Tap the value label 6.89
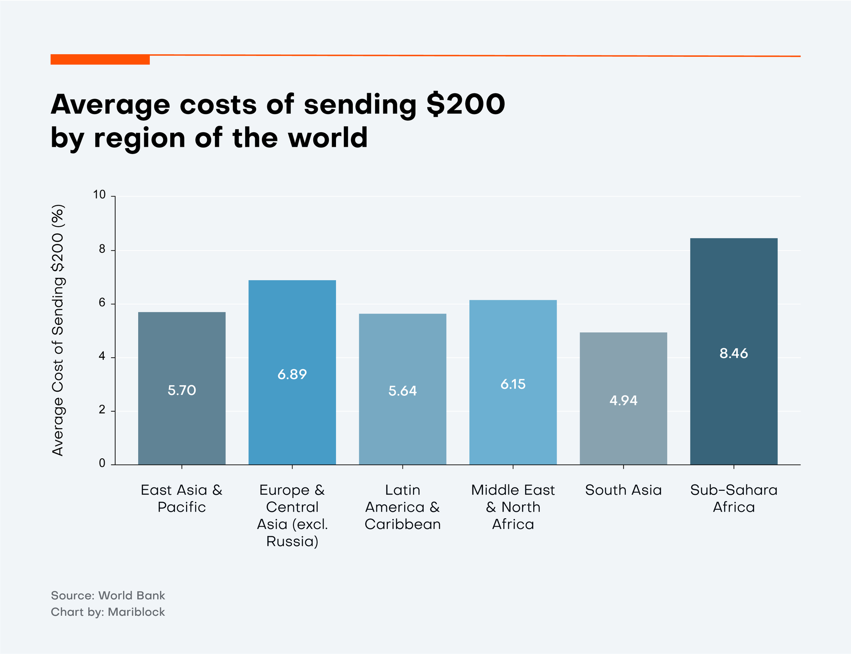[x=292, y=374]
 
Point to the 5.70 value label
[x=182, y=390]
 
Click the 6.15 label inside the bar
[x=513, y=384]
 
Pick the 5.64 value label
[x=402, y=391]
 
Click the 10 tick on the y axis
[x=99, y=195]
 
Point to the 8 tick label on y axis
[x=102, y=249]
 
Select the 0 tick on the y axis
[x=102, y=464]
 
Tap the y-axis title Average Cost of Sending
[x=58, y=330]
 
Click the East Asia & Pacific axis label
[x=182, y=498]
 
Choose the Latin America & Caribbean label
[x=402, y=507]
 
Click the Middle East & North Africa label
[x=513, y=507]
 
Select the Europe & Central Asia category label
[x=292, y=516]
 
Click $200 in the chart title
[x=465, y=105]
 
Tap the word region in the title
[x=139, y=138]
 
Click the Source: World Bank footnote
[x=108, y=595]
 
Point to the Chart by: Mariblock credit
[x=108, y=612]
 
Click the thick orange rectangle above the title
[x=100, y=59]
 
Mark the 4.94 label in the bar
[x=623, y=401]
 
